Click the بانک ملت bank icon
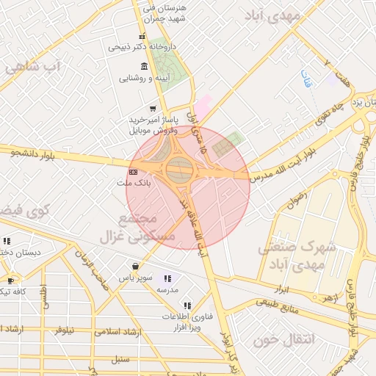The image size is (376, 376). click(x=132, y=173)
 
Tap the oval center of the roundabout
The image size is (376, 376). click(x=180, y=170)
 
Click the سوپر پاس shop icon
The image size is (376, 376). click(x=135, y=266)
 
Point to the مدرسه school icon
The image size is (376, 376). click(x=168, y=278)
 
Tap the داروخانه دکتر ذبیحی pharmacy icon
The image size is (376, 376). click(x=142, y=37)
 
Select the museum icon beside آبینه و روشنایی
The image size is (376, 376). click(x=143, y=67)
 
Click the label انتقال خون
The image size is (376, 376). click(x=283, y=340)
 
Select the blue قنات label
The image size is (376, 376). click(x=305, y=79)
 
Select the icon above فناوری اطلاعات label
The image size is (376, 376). click(x=187, y=305)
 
